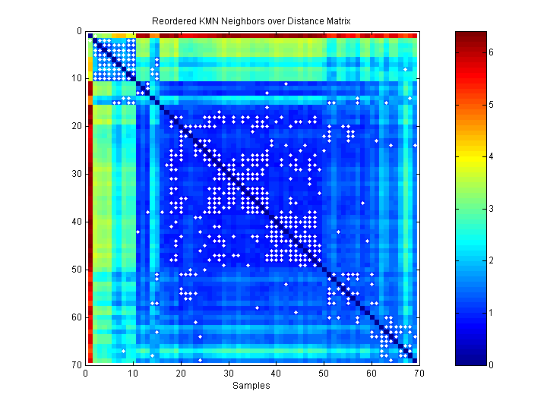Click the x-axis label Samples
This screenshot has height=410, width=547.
point(251,386)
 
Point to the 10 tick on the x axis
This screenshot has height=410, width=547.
point(133,372)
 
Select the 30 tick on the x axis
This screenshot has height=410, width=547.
point(228,372)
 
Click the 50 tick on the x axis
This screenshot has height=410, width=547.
point(324,372)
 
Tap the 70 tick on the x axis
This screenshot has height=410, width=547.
point(419,372)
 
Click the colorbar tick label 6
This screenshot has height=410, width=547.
point(492,52)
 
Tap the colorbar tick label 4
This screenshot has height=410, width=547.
point(492,156)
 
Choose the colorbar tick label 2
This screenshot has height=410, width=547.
point(492,260)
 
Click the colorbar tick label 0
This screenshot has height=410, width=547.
point(492,364)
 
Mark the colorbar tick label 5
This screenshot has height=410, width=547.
point(492,104)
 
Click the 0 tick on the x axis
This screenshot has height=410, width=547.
point(86,372)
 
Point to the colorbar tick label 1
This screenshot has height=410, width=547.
point(492,313)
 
